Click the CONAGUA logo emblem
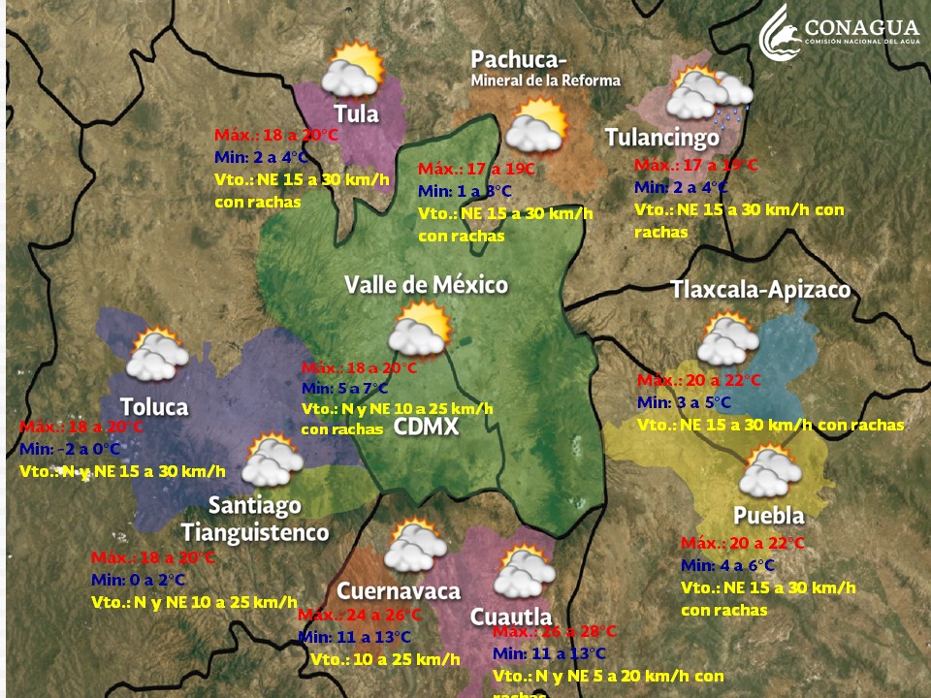tap(783, 32)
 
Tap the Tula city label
tap(356, 113)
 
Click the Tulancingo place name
tap(662, 138)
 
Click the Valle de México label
tap(426, 285)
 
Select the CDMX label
tap(426, 428)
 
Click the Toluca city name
tap(154, 406)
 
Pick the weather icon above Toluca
tap(156, 356)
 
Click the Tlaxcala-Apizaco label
tap(760, 290)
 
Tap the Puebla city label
tap(768, 514)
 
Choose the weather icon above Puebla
tap(770, 471)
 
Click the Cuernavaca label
tap(398, 591)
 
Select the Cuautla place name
tap(510, 617)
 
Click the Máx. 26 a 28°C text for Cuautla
tap(555, 631)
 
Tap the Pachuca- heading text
tap(519, 60)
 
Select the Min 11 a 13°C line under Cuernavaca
tap(355, 637)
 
